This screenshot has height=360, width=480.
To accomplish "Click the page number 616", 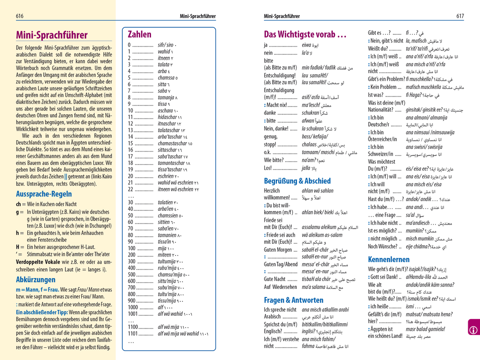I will pos(20,16).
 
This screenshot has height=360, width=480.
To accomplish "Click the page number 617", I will pos(460,16).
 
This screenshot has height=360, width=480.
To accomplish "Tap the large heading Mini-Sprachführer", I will pos(52,35).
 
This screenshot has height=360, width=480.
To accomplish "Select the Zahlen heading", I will pos(139,34).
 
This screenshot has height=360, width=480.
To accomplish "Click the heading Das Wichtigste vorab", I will pos(305,34).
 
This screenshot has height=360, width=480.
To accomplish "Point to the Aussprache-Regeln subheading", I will pos(44,194).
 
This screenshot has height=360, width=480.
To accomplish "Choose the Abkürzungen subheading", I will pos(36,280).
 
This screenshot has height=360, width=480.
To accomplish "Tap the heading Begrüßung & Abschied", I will pos(297,181).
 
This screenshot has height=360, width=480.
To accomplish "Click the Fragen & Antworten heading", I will pos(293,300).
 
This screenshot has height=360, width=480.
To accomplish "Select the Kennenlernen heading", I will pos(389,259).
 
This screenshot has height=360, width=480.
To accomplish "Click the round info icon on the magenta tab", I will pos(473,329).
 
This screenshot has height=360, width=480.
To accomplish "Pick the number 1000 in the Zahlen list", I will pos(132,307).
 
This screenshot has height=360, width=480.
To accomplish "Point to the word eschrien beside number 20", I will pos(166,176).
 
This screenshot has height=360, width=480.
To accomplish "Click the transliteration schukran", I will pos(311,113).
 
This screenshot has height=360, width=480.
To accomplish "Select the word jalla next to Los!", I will pos(306,168).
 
